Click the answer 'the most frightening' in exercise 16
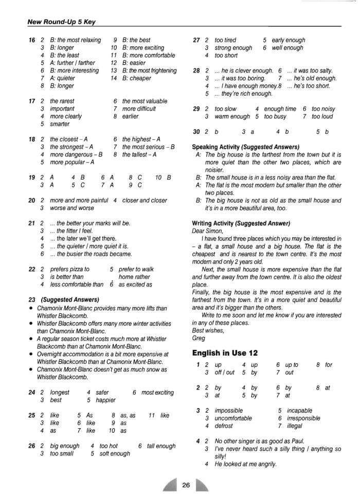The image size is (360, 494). pos(149,70)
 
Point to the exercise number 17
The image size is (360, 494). pos(32,101)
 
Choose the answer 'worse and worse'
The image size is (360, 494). pos(71,208)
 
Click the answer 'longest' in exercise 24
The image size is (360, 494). pos(60,393)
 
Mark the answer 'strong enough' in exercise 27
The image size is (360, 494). pos(233,48)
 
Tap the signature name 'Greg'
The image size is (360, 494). pos(198,339)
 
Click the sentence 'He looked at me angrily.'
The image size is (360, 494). pos(246,464)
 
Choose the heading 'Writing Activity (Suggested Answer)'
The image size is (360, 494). pos(241,223)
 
